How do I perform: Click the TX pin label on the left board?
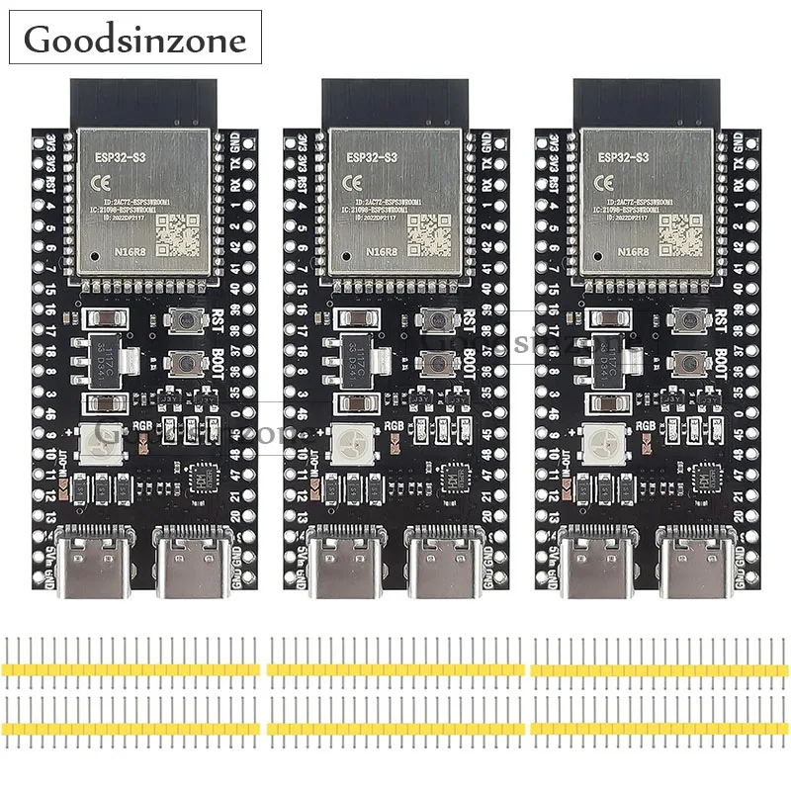click(x=235, y=161)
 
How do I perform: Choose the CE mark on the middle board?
click(x=351, y=184)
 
